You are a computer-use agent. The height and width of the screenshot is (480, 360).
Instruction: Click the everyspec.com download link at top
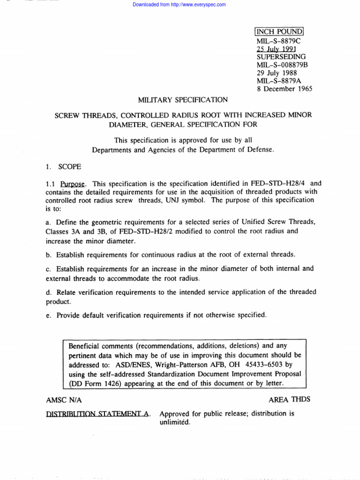coord(179,5)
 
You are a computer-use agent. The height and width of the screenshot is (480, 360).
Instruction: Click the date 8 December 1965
coord(285,89)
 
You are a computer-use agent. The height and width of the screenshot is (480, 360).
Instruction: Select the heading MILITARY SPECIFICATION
coord(183,100)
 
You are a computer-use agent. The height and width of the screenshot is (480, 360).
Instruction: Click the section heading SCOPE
coord(69,166)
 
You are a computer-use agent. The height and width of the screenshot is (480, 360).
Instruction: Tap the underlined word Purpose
coord(75,184)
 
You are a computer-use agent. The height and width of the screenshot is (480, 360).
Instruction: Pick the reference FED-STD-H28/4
coord(280,184)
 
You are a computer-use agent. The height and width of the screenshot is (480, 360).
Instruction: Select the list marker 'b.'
coord(49,255)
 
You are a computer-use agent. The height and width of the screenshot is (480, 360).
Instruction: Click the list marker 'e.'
coord(49,315)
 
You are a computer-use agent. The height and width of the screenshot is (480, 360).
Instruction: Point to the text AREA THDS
coord(289,399)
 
